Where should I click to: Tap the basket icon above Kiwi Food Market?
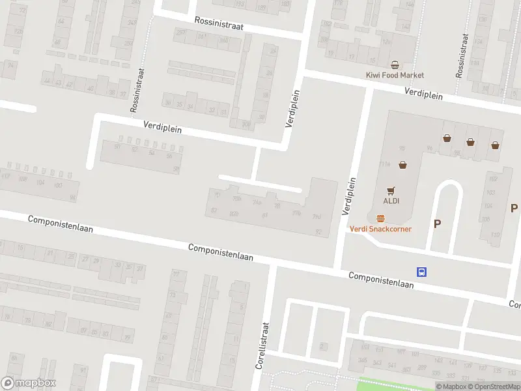(x=394, y=65)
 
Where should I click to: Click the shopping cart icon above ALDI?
(x=390, y=190)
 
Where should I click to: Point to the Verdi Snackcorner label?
(x=380, y=229)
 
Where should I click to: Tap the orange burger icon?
(x=380, y=218)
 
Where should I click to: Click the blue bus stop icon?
(x=421, y=272)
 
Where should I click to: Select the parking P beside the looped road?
(x=437, y=224)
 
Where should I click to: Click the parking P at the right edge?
(x=514, y=209)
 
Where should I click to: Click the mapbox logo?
(x=29, y=383)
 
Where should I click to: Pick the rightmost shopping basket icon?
(x=496, y=145)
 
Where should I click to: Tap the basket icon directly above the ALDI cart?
(x=402, y=165)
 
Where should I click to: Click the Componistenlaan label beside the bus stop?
(x=381, y=280)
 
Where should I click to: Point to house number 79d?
(x=317, y=217)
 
